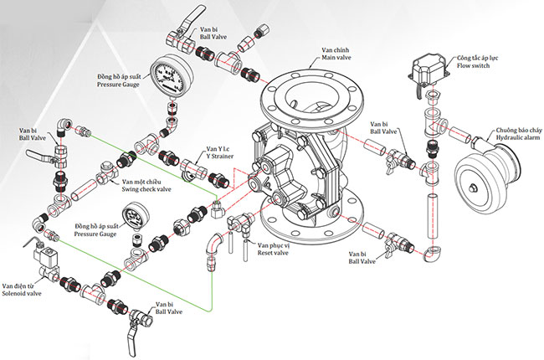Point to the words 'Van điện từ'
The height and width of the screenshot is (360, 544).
(x=23, y=286)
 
